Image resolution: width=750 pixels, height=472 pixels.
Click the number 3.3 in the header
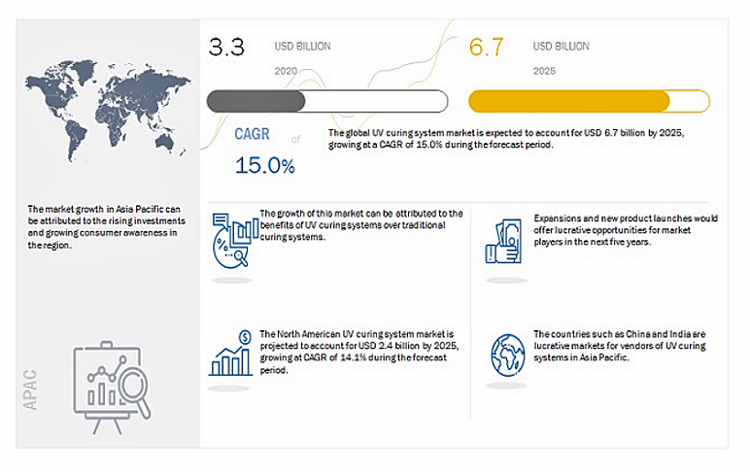pyautogui.click(x=226, y=47)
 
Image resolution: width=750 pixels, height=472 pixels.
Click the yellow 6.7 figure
pyautogui.click(x=486, y=47)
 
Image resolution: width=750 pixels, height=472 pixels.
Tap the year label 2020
pyautogui.click(x=286, y=71)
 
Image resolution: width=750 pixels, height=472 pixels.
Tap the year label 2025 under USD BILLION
pyautogui.click(x=544, y=71)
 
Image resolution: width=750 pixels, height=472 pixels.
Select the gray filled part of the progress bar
pyautogui.click(x=256, y=101)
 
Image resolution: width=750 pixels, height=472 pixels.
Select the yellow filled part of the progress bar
pyautogui.click(x=568, y=101)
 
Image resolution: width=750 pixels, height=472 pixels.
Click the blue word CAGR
pyautogui.click(x=252, y=134)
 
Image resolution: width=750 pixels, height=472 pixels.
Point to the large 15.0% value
pyautogui.click(x=265, y=165)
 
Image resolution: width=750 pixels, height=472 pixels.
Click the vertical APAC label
pyautogui.click(x=30, y=389)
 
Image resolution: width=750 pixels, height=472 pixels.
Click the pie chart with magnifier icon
pyautogui.click(x=234, y=241)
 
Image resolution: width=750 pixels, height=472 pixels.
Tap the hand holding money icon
pyautogui.click(x=503, y=242)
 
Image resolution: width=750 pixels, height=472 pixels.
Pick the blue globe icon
pyautogui.click(x=508, y=354)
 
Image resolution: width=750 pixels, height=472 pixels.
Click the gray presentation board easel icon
pyautogui.click(x=112, y=388)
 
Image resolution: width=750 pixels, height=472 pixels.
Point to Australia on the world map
pyautogui.click(x=166, y=141)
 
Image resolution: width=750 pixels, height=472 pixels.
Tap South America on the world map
pyautogui.click(x=76, y=139)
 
